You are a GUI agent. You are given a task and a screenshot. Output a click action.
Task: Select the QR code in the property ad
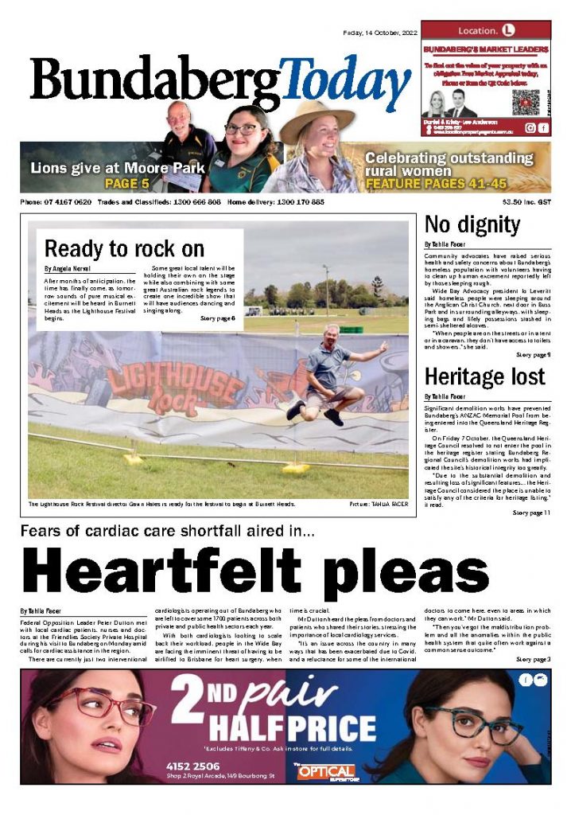(x=526, y=103)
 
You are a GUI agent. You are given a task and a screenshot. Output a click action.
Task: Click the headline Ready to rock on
(x=124, y=248)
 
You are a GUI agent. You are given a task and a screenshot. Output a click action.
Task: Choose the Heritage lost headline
(x=484, y=376)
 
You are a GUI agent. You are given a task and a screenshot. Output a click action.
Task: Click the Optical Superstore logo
(x=324, y=771)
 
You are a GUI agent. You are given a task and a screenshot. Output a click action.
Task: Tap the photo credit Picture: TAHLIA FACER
(x=378, y=505)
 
